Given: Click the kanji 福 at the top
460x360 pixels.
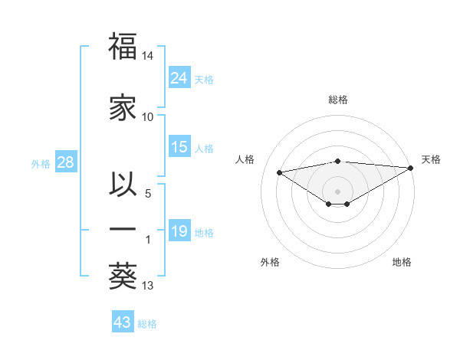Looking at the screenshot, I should tap(123, 47).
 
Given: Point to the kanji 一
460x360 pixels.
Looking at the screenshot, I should tap(123, 229).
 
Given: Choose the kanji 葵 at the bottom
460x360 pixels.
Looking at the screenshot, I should tap(123, 276).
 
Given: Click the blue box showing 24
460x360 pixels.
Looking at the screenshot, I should tap(179, 78).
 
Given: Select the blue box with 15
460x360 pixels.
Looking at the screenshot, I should tap(179, 147).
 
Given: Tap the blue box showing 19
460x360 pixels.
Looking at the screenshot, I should tap(179, 231).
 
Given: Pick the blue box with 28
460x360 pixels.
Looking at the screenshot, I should tap(65, 162).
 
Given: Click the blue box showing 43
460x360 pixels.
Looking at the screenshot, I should tap(123, 322).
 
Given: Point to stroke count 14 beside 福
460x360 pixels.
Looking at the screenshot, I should tap(148, 57).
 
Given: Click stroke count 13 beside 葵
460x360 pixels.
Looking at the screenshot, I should tap(148, 286).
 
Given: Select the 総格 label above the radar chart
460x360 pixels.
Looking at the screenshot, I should tap(338, 100).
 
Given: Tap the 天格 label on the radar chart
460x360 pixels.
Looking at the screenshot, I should tap(431, 159).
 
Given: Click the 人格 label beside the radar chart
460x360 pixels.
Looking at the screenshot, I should tap(245, 159).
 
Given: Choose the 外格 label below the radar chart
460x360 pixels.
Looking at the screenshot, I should tap(270, 263).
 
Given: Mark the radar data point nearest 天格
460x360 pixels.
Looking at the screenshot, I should tap(411, 168).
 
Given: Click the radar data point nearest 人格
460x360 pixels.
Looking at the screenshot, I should tap(280, 172).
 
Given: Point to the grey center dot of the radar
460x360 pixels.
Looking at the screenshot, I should tap(337, 190).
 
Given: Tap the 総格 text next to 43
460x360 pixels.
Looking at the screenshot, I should tap(148, 324).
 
